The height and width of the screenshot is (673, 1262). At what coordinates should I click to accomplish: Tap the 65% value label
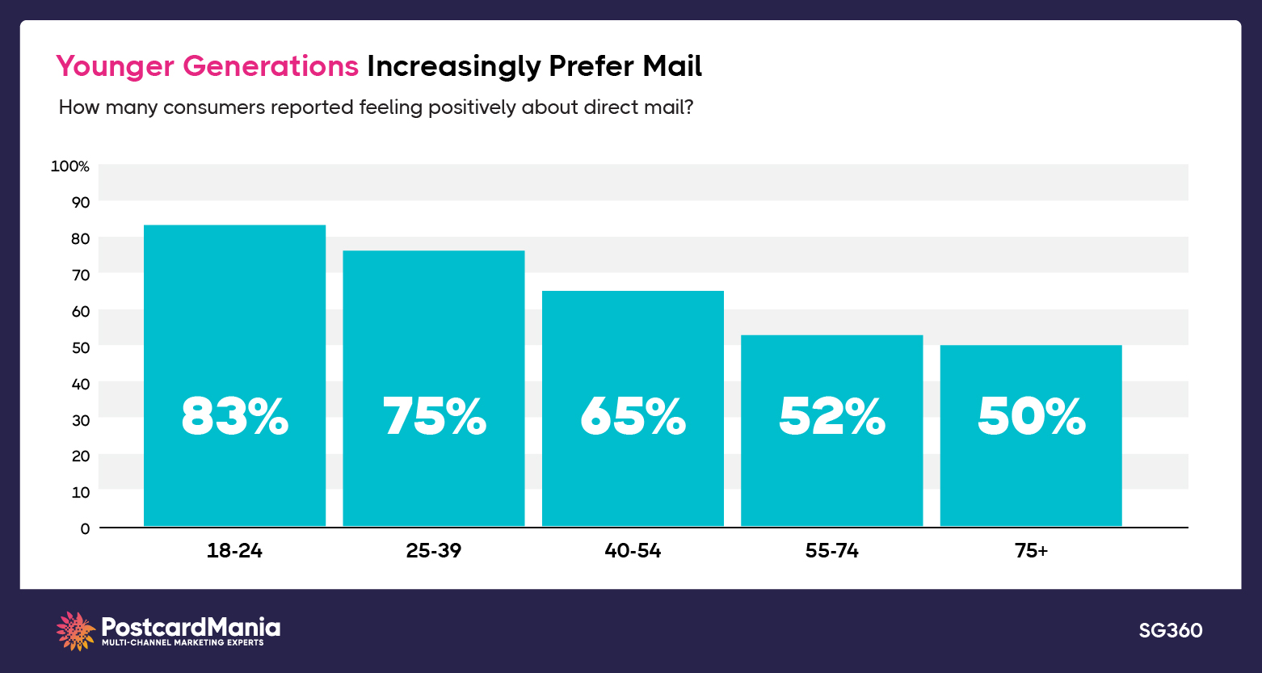pyautogui.click(x=633, y=417)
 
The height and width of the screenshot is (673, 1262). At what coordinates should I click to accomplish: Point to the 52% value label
pyautogui.click(x=831, y=417)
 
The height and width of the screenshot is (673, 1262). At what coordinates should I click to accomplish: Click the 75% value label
pyautogui.click(x=434, y=417)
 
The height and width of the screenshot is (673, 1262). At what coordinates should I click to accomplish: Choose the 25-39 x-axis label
pyautogui.click(x=434, y=551)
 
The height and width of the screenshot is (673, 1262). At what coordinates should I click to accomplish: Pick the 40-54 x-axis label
pyautogui.click(x=633, y=551)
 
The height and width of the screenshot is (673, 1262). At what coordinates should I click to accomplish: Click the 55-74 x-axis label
pyautogui.click(x=831, y=551)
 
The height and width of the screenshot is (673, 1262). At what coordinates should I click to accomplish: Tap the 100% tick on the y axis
pyautogui.click(x=70, y=166)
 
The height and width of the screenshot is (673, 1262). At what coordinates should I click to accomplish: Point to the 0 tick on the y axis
pyautogui.click(x=84, y=528)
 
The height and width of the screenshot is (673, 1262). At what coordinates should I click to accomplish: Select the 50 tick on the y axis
pyautogui.click(x=80, y=347)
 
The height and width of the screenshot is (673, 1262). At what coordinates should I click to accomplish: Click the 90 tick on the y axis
pyautogui.click(x=80, y=202)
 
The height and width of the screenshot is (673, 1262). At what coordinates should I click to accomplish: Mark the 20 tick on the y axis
pyautogui.click(x=80, y=456)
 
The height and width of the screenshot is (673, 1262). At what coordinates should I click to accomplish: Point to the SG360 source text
pyautogui.click(x=1170, y=630)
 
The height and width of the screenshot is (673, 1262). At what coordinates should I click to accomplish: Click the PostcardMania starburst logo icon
pyautogui.click(x=76, y=631)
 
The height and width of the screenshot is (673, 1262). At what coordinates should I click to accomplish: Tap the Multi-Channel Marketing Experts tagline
pyautogui.click(x=183, y=643)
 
